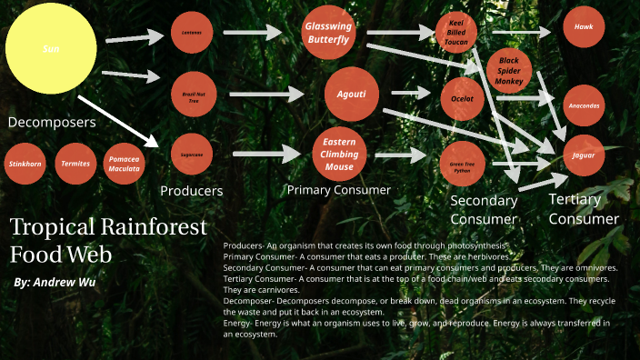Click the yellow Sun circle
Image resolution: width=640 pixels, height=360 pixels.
coord(51,48)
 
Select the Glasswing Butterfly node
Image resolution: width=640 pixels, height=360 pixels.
coord(327,34)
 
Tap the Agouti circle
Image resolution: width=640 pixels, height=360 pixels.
coord(351,94)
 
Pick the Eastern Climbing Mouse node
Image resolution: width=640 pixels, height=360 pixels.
coord(339,155)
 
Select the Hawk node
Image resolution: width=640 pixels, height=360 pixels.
coord(584,28)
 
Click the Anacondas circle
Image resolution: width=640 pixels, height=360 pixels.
coord(584,105)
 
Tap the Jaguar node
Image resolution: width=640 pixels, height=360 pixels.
coord(584,155)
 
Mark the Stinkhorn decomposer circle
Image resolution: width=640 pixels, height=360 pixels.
coord(25,164)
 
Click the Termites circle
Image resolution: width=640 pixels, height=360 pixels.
coord(75,164)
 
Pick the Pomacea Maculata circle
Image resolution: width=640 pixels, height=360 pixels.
coord(125,164)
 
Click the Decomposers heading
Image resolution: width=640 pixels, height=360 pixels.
coord(52,122)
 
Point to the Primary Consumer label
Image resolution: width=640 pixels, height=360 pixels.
coord(338,190)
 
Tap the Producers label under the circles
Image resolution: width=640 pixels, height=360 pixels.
coord(191,191)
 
